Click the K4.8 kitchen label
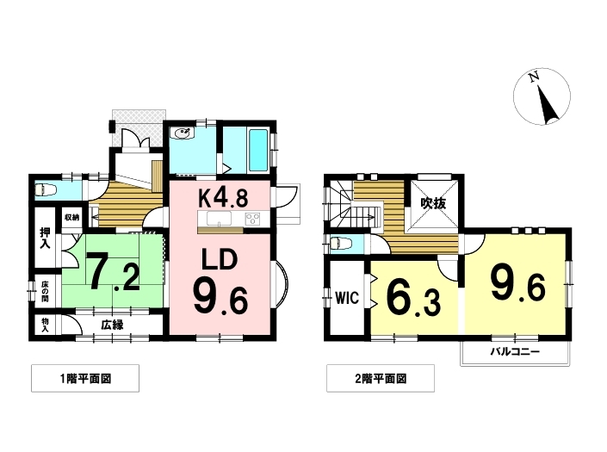(x=223, y=198)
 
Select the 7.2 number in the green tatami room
(x=113, y=271)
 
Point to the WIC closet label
(x=347, y=298)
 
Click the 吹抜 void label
(x=434, y=203)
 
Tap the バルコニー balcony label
(x=515, y=352)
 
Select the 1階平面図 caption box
(x=85, y=378)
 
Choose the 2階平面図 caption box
(x=381, y=378)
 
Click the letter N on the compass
(x=534, y=77)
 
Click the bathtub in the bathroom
(x=257, y=150)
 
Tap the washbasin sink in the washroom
(x=183, y=133)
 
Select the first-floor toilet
(x=46, y=190)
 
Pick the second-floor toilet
(x=339, y=244)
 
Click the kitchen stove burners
(x=252, y=219)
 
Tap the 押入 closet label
(x=46, y=238)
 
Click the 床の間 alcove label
(x=45, y=291)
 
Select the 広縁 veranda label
(x=112, y=325)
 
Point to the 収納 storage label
(x=72, y=218)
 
